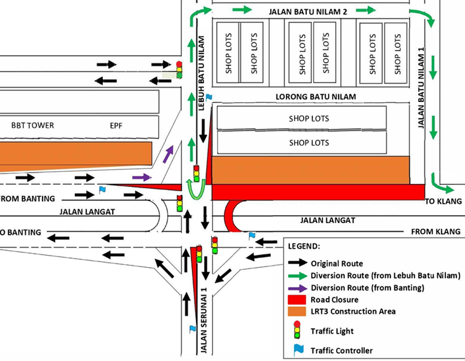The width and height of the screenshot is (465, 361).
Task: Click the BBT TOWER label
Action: pos(32,126)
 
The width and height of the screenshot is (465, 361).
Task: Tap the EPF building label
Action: pos(117,126)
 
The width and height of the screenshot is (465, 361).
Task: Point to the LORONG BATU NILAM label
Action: pos(315,97)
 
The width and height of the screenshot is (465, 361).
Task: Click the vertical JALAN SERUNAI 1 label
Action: pos(204,317)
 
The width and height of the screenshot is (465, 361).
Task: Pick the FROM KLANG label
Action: pos(435,232)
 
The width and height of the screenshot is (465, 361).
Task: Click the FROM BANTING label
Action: pos(27,199)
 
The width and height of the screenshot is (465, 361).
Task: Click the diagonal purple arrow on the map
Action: pos(168,154)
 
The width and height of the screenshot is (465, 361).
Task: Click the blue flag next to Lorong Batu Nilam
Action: pos(208,97)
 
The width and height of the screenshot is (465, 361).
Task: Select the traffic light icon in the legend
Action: pos(296,331)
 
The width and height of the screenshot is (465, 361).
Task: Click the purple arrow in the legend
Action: pos(297,288)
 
